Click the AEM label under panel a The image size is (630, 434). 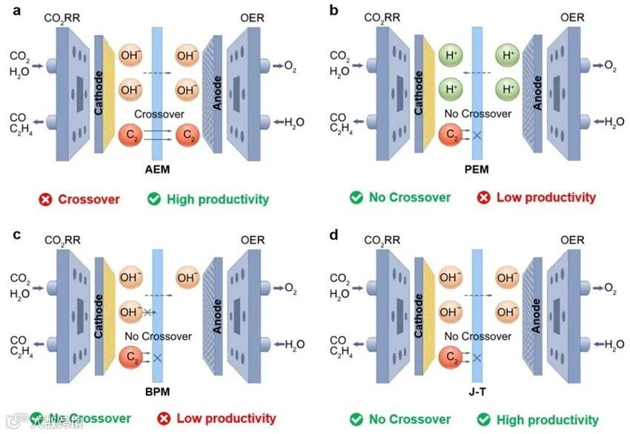157,170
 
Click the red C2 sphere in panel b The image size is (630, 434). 449,135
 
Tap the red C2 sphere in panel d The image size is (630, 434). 450,358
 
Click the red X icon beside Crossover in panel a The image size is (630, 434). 47,199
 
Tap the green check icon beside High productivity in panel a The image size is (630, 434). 154,199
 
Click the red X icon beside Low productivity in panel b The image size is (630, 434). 484,198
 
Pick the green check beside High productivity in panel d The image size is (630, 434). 484,420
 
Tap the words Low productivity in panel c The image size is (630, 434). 226,419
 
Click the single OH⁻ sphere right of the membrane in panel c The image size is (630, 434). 188,278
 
